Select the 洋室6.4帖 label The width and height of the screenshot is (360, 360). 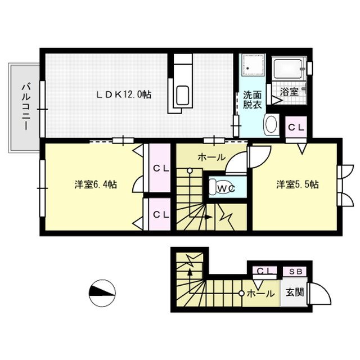click(95, 184)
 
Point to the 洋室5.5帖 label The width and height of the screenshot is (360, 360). click(297, 184)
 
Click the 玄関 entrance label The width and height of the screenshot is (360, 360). click(294, 292)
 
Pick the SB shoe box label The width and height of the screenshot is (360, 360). click(295, 272)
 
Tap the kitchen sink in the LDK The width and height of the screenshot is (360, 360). click(182, 96)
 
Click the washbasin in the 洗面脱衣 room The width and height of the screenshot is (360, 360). click(271, 124)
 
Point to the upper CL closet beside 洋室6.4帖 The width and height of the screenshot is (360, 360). click(159, 168)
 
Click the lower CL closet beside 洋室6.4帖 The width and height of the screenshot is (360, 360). click(159, 214)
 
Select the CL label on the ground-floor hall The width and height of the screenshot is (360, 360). click(263, 272)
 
